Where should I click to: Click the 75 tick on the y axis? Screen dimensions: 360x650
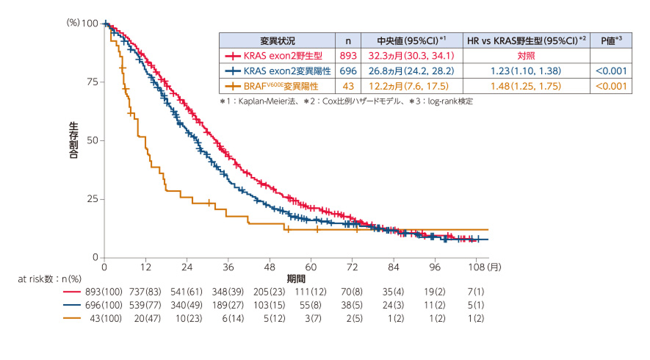tap(92, 82)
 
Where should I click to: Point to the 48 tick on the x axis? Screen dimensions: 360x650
tap(270, 267)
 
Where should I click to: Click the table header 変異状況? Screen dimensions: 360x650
tap(276, 40)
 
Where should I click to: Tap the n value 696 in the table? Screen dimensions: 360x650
tap(347, 71)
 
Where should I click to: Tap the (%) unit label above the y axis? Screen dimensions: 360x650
tap(73, 23)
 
